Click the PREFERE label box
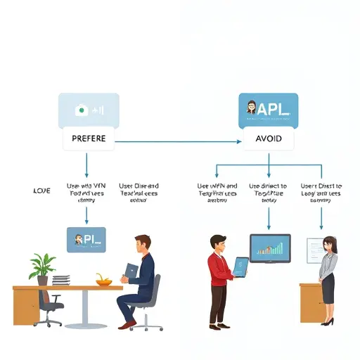pyautogui.click(x=89, y=139)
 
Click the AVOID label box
pyautogui.click(x=268, y=139)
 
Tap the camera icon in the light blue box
pyautogui.click(x=81, y=110)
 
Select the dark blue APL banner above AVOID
pyautogui.click(x=268, y=110)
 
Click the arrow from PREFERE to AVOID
pyautogui.click(x=176, y=141)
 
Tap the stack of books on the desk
pyautogui.click(x=62, y=279)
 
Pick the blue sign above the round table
pyautogui.click(x=85, y=239)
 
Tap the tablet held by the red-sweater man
pyautogui.click(x=240, y=266)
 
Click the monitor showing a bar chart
pyautogui.click(x=270, y=248)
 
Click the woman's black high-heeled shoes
pyautogui.click(x=328, y=321)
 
